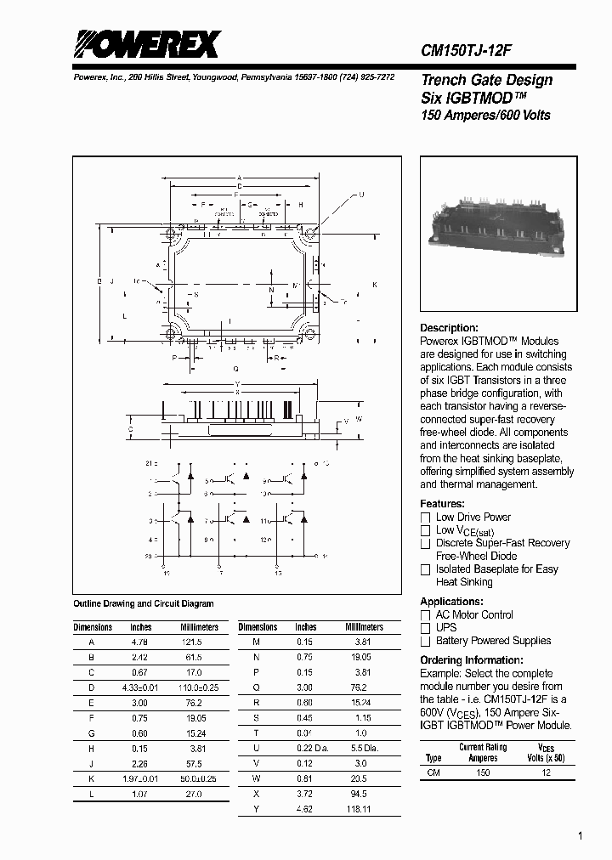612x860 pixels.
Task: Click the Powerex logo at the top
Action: tap(145, 44)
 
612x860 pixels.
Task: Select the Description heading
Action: tap(450, 328)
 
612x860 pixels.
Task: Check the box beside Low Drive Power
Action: tap(426, 518)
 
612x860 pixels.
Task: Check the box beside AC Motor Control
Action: tap(426, 615)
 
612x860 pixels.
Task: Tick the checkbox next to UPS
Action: tap(426, 628)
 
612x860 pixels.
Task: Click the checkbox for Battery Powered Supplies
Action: tap(426, 642)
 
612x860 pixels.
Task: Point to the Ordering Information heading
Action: tap(472, 660)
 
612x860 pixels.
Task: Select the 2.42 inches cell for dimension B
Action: tap(140, 658)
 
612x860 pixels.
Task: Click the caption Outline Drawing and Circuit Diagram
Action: tap(144, 603)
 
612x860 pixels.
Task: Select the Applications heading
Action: tap(452, 602)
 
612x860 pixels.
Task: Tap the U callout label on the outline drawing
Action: tap(361, 195)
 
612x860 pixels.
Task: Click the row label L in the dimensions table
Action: tap(91, 794)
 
